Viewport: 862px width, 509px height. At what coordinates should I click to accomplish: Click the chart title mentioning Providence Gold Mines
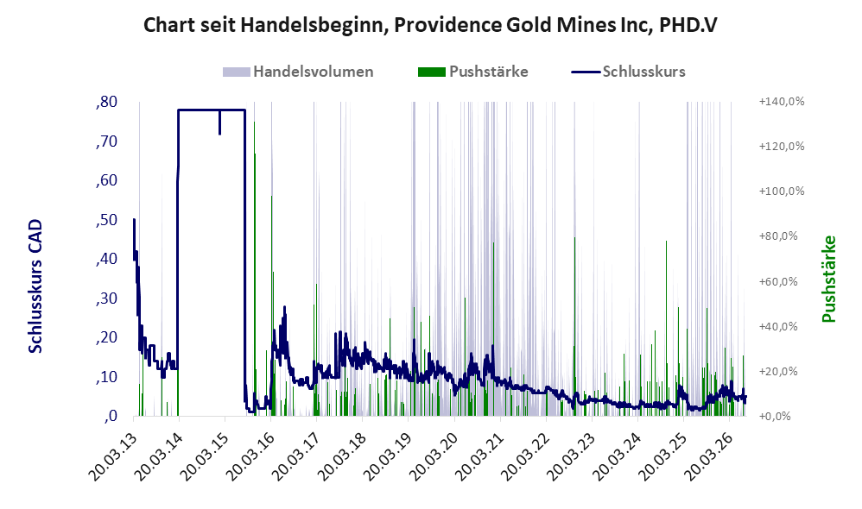click(430, 25)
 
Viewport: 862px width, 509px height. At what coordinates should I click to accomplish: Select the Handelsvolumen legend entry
click(298, 72)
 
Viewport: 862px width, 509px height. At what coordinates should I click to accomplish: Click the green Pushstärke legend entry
click(472, 72)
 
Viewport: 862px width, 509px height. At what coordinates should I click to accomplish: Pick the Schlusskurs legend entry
click(628, 72)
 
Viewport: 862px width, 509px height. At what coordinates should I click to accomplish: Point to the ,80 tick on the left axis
click(106, 102)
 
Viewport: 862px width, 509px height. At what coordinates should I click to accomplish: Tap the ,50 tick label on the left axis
click(106, 220)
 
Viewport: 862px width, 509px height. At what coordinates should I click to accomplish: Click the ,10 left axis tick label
click(106, 377)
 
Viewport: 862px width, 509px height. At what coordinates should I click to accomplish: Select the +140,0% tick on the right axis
click(781, 102)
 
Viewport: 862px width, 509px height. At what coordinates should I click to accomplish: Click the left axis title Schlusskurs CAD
click(35, 286)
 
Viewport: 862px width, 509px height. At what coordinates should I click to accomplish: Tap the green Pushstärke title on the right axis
click(828, 279)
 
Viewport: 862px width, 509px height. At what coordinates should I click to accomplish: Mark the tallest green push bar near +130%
click(254, 268)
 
